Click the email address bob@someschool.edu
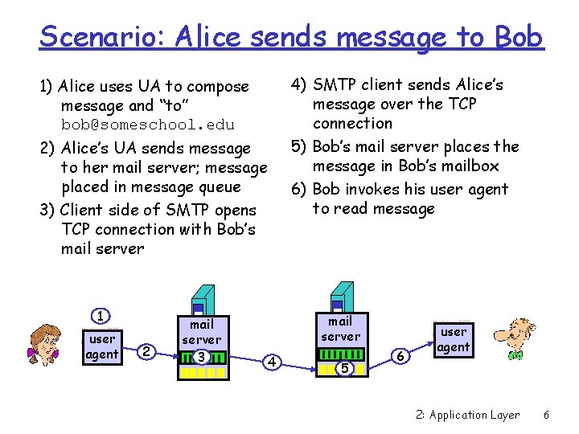click(148, 125)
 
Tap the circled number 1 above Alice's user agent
click(101, 315)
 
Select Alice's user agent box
click(102, 346)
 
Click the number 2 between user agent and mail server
click(146, 350)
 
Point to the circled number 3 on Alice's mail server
click(202, 357)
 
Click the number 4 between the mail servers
click(272, 362)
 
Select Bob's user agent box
click(454, 339)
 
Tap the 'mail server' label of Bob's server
click(341, 329)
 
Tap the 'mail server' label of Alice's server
click(201, 332)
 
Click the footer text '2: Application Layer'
click(467, 415)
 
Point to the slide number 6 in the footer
click(546, 415)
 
